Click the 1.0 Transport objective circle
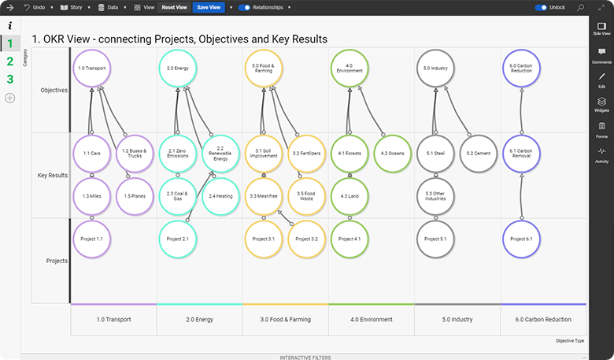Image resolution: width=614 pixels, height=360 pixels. tap(92, 69)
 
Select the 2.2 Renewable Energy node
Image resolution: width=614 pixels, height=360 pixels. tap(220, 153)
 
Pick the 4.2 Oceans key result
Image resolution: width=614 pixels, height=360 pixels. tap(391, 153)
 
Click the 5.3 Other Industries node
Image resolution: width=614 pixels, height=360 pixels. tap(435, 196)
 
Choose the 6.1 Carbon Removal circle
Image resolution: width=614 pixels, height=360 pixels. tap(522, 153)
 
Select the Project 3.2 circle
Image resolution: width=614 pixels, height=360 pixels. tap(306, 239)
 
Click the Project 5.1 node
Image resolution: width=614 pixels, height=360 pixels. tap(435, 239)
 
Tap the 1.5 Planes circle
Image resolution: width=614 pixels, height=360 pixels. tap(135, 196)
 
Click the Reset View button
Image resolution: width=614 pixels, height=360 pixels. tap(174, 7)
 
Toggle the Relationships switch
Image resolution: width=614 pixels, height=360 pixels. tap(244, 7)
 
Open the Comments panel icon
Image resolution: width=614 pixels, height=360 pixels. tap(601, 55)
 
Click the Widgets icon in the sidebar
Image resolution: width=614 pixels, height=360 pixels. tap(601, 104)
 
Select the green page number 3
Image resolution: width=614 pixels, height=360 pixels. tap(10, 79)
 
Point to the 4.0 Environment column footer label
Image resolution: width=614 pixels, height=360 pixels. tap(371, 319)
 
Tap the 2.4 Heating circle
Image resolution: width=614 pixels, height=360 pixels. tap(220, 196)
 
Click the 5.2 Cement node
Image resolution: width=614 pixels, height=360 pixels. tap(479, 153)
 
